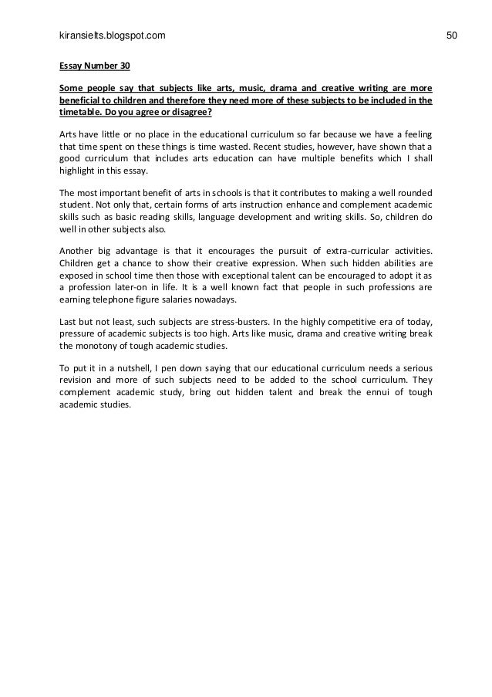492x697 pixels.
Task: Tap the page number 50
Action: point(452,36)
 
